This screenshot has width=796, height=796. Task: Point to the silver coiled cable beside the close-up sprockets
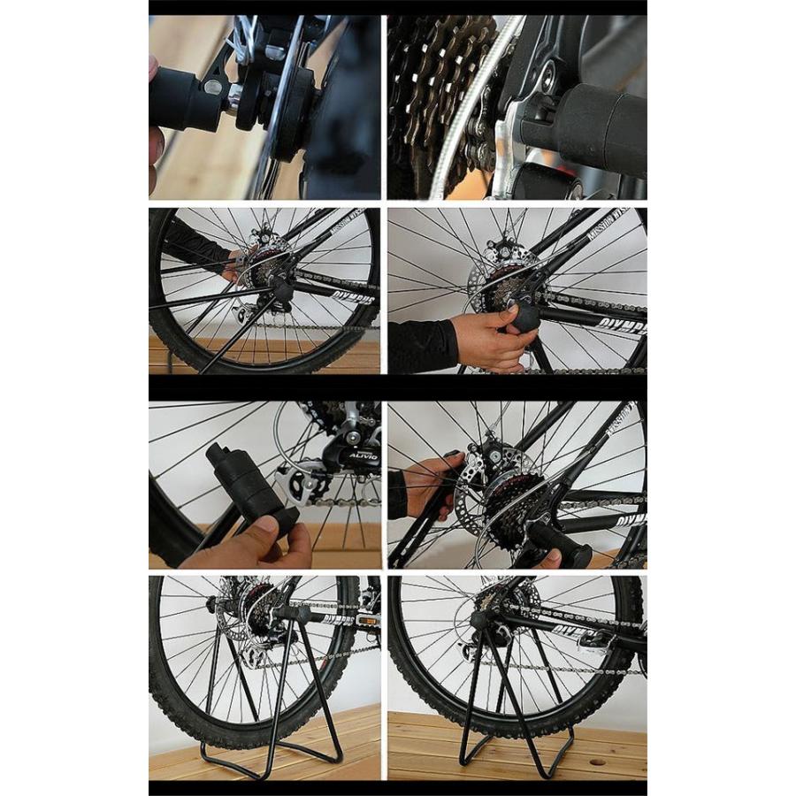(x=460, y=106)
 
